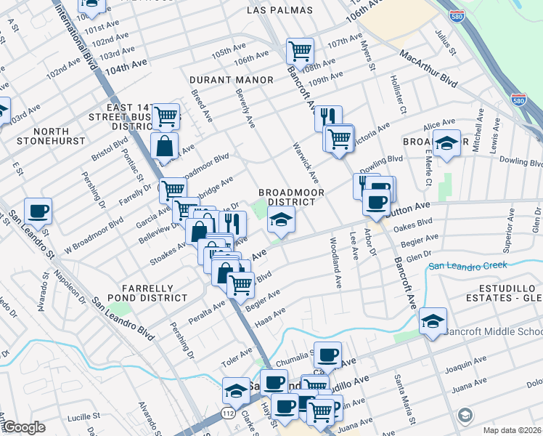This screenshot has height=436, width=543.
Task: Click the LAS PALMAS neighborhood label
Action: pos(279,10)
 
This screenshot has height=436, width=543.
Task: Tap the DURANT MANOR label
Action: pos(232,80)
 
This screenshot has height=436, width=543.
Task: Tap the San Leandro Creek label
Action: pos(468,265)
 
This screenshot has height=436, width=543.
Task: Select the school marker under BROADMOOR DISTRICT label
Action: pos(281,219)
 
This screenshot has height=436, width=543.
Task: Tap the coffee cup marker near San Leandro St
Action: pos(38,211)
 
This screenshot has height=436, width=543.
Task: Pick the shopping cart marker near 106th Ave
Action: pos(299,51)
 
